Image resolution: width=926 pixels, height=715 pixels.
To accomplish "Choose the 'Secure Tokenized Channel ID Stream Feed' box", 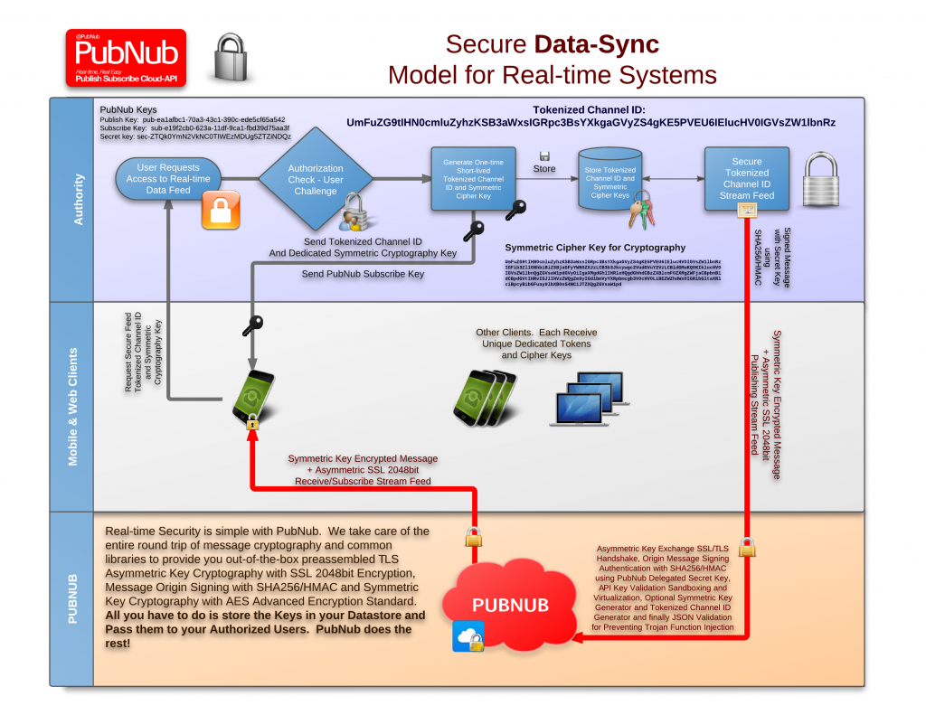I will [x=746, y=178].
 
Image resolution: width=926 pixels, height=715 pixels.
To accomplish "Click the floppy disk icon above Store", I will [x=544, y=156].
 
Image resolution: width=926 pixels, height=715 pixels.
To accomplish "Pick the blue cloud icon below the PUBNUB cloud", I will [x=468, y=638].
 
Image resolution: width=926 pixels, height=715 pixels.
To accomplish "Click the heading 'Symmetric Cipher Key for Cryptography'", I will [x=594, y=247].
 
